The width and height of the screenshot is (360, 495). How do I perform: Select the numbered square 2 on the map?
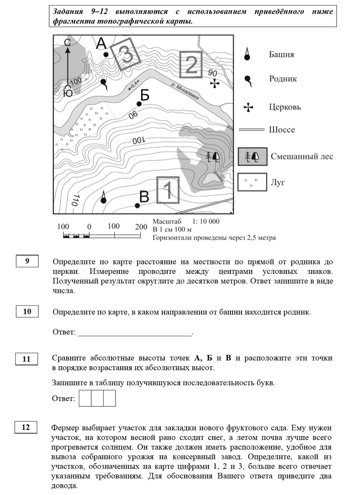click(x=191, y=64)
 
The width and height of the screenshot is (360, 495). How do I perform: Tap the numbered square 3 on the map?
click(x=128, y=54)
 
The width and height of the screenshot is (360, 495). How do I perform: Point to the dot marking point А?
click(x=106, y=54)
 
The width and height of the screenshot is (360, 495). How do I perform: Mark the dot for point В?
click(x=137, y=205)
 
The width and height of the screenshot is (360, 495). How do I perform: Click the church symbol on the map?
click(x=215, y=84)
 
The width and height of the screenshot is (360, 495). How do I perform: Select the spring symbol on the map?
click(x=103, y=82)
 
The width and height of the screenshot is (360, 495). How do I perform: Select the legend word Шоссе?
click(x=282, y=130)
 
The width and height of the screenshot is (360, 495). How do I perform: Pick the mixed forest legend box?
click(x=252, y=156)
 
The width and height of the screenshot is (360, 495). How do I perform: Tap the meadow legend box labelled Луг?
click(x=252, y=182)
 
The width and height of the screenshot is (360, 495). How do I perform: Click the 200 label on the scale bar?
click(x=141, y=227)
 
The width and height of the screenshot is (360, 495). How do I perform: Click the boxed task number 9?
click(x=27, y=262)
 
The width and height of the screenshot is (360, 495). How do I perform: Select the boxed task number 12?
click(x=26, y=427)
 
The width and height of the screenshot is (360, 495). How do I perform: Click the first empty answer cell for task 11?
click(x=85, y=398)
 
